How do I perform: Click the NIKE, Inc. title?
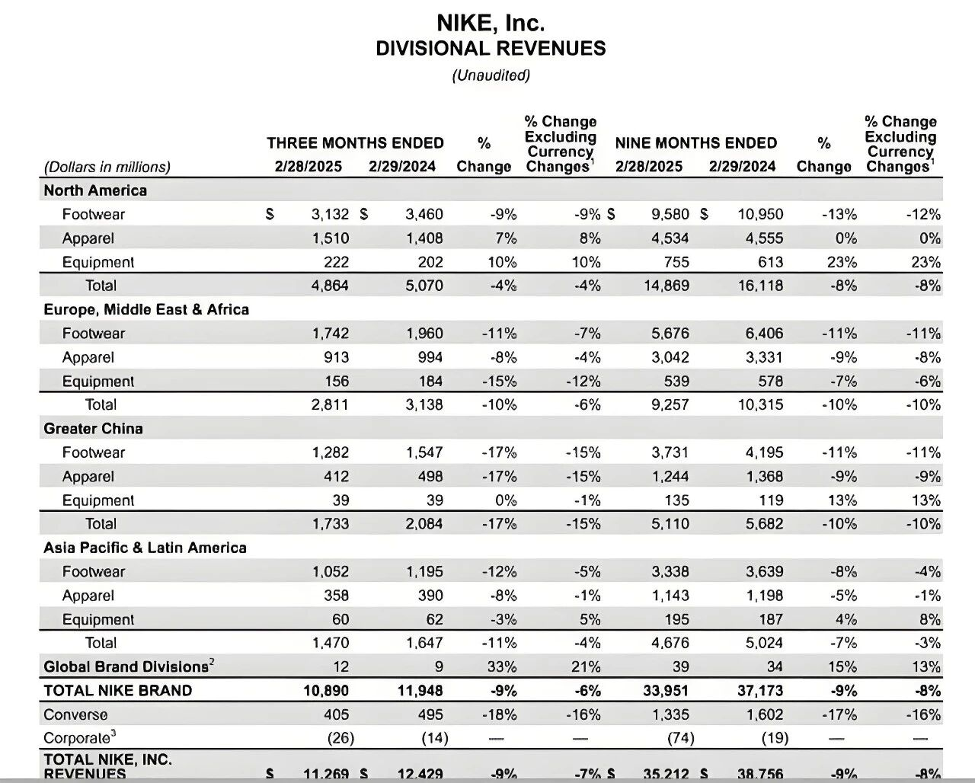pyautogui.click(x=491, y=22)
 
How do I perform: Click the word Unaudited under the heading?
pyautogui.click(x=491, y=75)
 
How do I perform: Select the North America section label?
pyautogui.click(x=95, y=190)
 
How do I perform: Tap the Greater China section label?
pyautogui.click(x=93, y=428)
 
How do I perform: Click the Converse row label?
pyautogui.click(x=75, y=714)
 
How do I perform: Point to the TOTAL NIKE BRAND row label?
pyautogui.click(x=117, y=691)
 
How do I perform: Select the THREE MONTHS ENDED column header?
pyautogui.click(x=355, y=143)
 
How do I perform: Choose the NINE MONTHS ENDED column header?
pyautogui.click(x=695, y=143)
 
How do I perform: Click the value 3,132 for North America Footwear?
pyautogui.click(x=330, y=214)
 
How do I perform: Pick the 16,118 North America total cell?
pyautogui.click(x=760, y=286)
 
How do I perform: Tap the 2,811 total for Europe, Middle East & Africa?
pyautogui.click(x=330, y=404)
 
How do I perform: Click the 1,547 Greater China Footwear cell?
pyautogui.click(x=424, y=452)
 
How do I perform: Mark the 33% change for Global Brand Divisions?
pyautogui.click(x=502, y=666)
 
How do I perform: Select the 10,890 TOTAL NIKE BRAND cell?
pyautogui.click(x=325, y=691)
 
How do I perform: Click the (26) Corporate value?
pyautogui.click(x=340, y=738)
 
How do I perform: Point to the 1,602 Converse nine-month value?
pyautogui.click(x=765, y=714)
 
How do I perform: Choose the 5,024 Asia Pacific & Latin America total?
pyautogui.click(x=764, y=643)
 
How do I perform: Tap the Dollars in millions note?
pyautogui.click(x=107, y=167)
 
